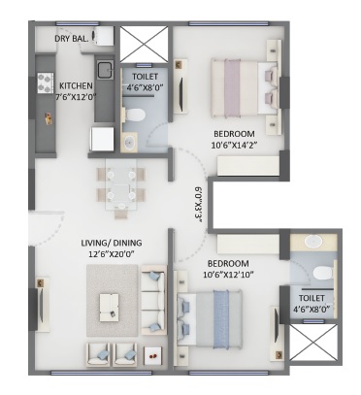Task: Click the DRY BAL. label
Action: (x=71, y=39)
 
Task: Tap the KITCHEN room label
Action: (x=76, y=86)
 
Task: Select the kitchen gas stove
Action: (x=46, y=83)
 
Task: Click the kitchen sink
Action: (x=105, y=70)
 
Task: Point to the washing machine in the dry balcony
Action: (x=103, y=36)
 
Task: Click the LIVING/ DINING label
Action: (x=112, y=243)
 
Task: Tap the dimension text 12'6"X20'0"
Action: (x=112, y=254)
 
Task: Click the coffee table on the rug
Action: (x=109, y=308)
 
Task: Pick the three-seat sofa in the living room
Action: (x=153, y=300)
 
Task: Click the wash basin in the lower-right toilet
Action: (x=312, y=242)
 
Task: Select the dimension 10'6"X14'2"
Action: (x=234, y=145)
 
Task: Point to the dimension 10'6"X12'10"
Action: (x=228, y=275)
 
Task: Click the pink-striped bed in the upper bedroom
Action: (x=245, y=87)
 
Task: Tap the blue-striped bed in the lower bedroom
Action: (x=210, y=319)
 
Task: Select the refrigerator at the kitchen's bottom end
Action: (x=102, y=139)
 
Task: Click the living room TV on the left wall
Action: (x=42, y=304)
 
